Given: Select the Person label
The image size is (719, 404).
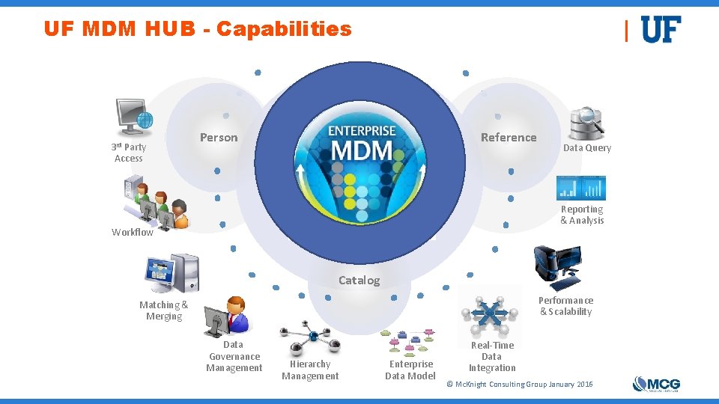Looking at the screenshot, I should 219,138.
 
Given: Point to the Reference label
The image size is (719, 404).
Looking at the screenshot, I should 509,137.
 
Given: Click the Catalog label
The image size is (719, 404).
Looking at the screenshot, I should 359,281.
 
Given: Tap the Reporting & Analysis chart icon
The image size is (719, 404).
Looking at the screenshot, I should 580,187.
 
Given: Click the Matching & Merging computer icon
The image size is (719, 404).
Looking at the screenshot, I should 173,274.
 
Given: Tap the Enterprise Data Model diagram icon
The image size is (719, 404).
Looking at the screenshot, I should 407,341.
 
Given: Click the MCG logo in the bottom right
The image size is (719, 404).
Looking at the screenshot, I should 656,384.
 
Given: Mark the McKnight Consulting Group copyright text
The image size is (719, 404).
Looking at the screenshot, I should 519,384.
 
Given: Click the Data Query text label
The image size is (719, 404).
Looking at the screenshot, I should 587,148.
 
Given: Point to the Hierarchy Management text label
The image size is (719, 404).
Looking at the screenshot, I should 310,370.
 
